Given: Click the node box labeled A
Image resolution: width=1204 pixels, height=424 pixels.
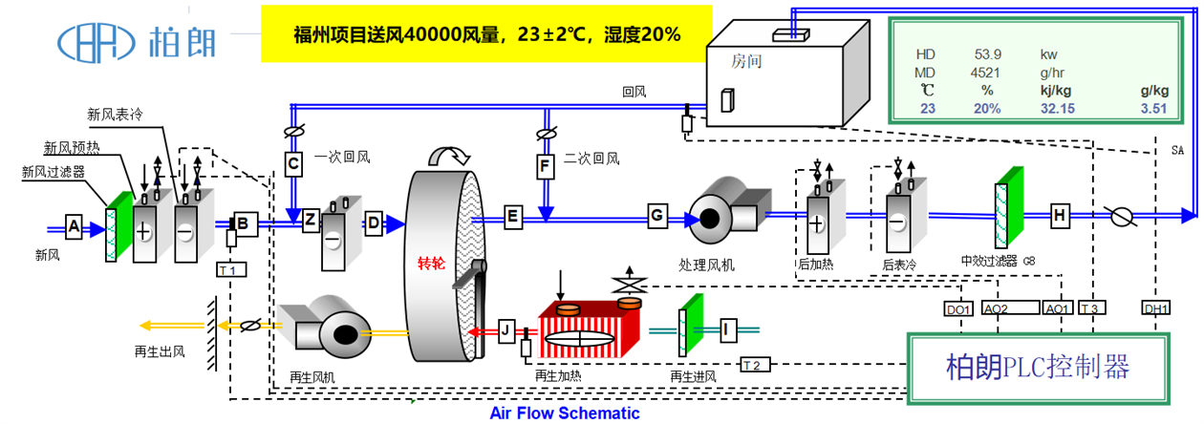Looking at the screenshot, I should [x=75, y=227].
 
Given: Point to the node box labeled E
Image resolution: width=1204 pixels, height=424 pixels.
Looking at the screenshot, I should [x=513, y=217].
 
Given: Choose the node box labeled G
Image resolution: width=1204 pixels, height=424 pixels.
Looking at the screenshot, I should [x=657, y=215].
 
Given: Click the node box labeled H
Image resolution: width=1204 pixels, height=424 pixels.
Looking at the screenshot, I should [x=1060, y=216].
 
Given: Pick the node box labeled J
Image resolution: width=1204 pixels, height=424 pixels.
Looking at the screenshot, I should [x=506, y=330].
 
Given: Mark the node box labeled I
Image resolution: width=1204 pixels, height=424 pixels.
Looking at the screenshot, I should [x=727, y=330].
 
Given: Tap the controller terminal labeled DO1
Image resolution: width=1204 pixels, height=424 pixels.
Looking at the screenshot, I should [x=958, y=308].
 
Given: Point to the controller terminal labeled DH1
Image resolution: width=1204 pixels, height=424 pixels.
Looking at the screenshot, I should [x=1156, y=307].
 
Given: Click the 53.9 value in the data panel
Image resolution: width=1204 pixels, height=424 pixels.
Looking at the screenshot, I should [x=987, y=54].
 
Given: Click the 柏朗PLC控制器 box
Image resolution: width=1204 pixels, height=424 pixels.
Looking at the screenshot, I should [x=1038, y=369].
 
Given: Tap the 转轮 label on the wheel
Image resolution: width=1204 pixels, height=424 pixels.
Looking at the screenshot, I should [x=431, y=262].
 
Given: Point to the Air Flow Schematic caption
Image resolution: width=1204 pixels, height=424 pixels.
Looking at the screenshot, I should [x=565, y=413].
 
